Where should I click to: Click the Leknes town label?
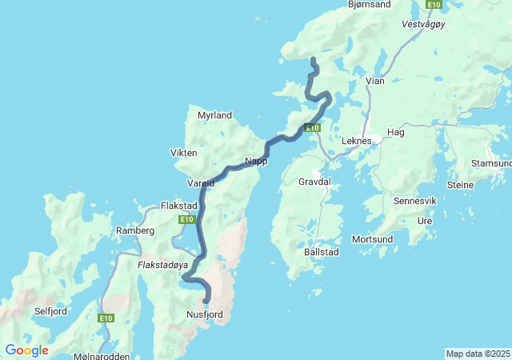coord(356,141)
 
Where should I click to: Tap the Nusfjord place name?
coord(204,314)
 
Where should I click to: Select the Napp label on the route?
coord(256,161)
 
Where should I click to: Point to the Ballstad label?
coord(322,252)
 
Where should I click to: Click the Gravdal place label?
coord(314,182)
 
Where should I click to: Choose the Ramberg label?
coord(134,230)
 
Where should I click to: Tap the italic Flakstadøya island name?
coord(162,263)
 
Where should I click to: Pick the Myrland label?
coord(214,115)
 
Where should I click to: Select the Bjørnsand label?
coord(370,5)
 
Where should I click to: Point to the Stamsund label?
coord(491,163)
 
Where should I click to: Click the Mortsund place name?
coord(372,239)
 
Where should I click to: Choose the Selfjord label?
coord(50,310)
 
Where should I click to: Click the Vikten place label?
coord(183,153)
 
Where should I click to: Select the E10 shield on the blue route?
coord(312,128)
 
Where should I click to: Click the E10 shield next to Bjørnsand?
coord(434,5)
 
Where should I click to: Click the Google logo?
coord(26,350)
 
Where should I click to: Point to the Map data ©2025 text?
coord(478,354)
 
